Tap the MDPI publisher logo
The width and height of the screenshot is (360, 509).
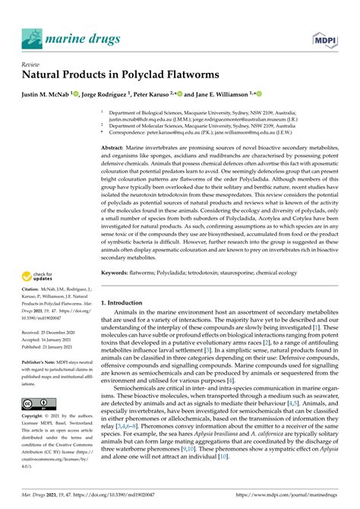[x=323, y=37]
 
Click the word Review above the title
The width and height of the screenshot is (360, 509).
[x=32, y=65]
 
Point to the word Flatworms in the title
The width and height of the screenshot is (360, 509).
[x=183, y=76]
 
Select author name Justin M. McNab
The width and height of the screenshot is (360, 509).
[x=47, y=95]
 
